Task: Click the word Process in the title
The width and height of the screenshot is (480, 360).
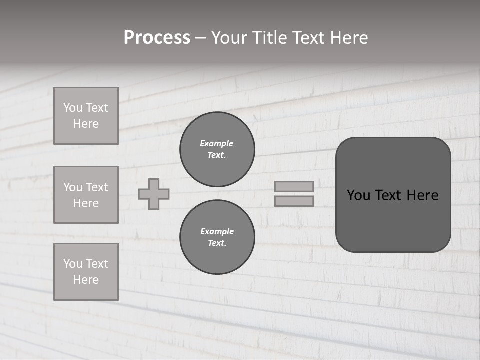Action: click(x=157, y=38)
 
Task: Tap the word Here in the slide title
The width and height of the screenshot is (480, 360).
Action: click(x=348, y=38)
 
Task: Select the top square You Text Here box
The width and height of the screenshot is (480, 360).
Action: click(x=86, y=116)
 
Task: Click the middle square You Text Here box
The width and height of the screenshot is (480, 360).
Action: click(x=86, y=195)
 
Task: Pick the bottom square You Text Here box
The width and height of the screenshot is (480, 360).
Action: click(x=86, y=272)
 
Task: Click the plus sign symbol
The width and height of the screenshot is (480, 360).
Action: click(x=154, y=194)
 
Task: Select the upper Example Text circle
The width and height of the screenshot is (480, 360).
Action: click(x=217, y=149)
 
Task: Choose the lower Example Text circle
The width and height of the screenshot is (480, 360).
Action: click(x=217, y=237)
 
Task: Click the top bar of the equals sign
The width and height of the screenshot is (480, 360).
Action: click(x=294, y=186)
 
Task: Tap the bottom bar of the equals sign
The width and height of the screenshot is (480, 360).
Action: click(x=294, y=201)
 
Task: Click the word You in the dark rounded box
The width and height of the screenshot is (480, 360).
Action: click(x=358, y=195)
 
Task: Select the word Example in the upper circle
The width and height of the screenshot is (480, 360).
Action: click(x=216, y=143)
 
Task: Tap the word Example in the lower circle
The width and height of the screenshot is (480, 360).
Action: click(x=217, y=231)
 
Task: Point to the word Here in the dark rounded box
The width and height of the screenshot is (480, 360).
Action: click(x=422, y=195)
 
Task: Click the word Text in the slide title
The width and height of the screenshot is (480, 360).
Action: click(x=308, y=38)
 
